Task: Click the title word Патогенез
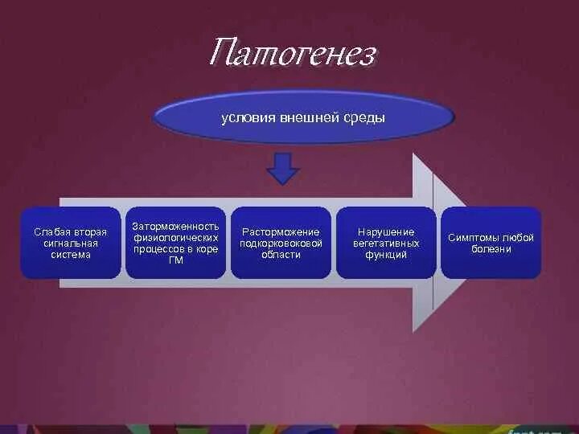point(292,55)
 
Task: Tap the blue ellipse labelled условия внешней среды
point(303,117)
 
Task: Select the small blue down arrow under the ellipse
point(282,169)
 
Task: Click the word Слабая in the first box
point(48,232)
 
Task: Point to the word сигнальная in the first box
point(70,244)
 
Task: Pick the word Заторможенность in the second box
point(175,227)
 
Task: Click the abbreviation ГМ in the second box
point(175,260)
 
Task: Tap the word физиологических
point(175,238)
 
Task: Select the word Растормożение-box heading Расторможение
point(281,232)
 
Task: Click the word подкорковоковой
point(281,244)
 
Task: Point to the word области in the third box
point(281,255)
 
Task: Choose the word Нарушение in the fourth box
point(386,232)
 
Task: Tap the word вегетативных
point(386,244)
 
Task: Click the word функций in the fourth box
point(386,255)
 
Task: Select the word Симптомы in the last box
point(472,238)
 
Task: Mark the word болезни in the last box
point(491,249)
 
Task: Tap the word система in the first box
point(70,255)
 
